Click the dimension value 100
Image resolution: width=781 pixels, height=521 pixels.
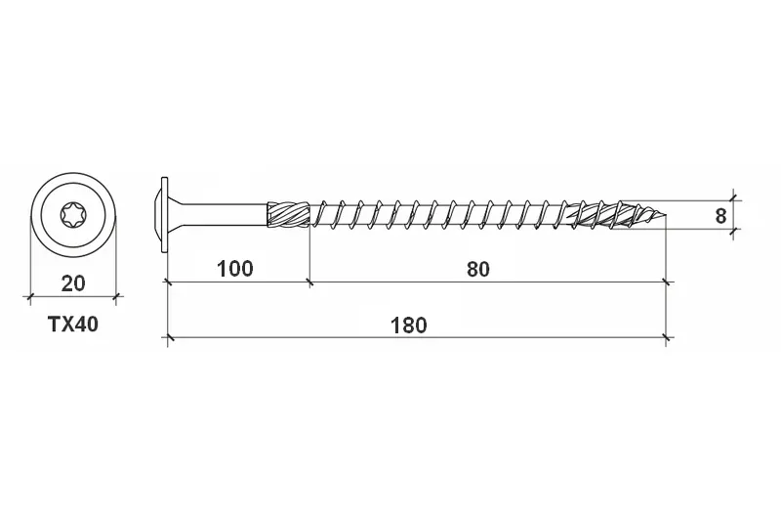point(235,268)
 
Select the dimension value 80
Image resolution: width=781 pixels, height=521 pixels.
point(477,268)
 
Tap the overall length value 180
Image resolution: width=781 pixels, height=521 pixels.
point(408,326)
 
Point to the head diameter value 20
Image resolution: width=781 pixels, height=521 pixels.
point(73,283)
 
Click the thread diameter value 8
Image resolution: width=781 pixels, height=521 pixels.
point(720,215)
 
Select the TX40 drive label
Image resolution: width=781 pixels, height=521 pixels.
point(73,326)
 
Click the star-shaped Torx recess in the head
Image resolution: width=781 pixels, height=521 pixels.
point(73,213)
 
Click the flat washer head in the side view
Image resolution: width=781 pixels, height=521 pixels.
point(165,214)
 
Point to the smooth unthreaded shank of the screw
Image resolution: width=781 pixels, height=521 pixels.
point(225,214)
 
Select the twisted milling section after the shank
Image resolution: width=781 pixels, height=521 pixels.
point(289,214)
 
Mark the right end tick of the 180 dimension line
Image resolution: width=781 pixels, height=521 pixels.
point(666,339)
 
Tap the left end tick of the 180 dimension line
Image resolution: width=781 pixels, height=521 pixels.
point(169,339)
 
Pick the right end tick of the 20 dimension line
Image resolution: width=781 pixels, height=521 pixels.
point(116,295)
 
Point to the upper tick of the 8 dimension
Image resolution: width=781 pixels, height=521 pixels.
point(735,200)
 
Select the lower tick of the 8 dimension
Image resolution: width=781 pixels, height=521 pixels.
point(735,229)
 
